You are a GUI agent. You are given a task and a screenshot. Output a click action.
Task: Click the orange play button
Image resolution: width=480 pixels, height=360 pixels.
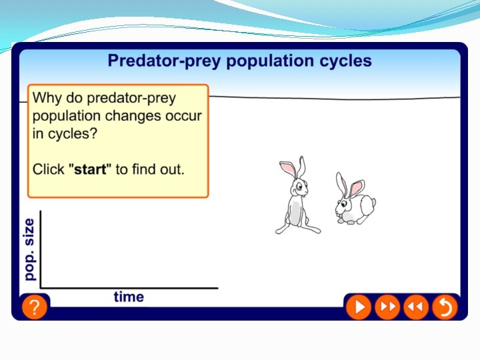click(x=358, y=307)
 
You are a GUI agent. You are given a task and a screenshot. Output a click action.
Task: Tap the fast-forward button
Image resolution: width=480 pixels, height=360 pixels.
click(x=387, y=307)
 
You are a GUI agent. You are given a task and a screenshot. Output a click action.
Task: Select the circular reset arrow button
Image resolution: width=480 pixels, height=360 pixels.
click(x=445, y=307)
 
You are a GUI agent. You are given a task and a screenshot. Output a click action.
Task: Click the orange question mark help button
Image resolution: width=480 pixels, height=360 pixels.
click(x=34, y=307)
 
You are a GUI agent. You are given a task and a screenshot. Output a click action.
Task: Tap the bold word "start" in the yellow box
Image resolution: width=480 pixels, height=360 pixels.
click(x=90, y=169)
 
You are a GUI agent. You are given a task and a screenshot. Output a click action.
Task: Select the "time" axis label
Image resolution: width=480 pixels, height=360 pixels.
click(x=129, y=297)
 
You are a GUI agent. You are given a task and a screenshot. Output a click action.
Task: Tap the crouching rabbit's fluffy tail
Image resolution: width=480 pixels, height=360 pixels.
click(x=371, y=202)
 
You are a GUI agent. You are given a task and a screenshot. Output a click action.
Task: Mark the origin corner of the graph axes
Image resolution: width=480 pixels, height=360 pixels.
click(x=41, y=287)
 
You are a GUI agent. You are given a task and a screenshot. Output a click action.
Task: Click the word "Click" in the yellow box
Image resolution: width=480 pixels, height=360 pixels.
click(x=49, y=169)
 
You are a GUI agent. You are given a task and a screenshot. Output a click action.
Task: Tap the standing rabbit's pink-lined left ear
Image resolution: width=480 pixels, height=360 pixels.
click(x=287, y=168)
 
